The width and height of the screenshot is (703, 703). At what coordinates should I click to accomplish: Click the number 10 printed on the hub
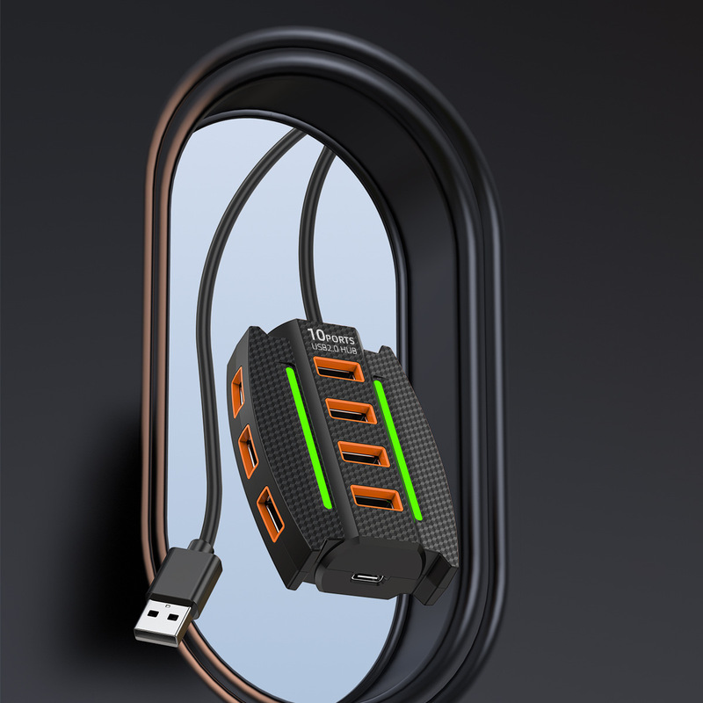316,335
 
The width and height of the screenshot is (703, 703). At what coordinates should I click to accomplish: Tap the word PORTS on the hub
340,339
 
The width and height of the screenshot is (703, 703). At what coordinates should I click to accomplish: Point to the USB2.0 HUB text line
334,348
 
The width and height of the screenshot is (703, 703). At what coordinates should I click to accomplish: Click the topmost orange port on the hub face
339,369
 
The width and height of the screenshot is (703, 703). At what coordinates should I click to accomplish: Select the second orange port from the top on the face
351,410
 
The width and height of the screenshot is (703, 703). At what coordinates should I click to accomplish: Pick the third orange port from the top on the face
364,453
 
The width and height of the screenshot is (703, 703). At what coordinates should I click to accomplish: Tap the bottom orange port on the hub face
377,497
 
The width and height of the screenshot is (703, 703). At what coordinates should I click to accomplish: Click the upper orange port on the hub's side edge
237,392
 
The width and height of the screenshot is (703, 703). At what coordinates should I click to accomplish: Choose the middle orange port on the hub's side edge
248,451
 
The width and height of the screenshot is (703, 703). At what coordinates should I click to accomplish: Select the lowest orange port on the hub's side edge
270,514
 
